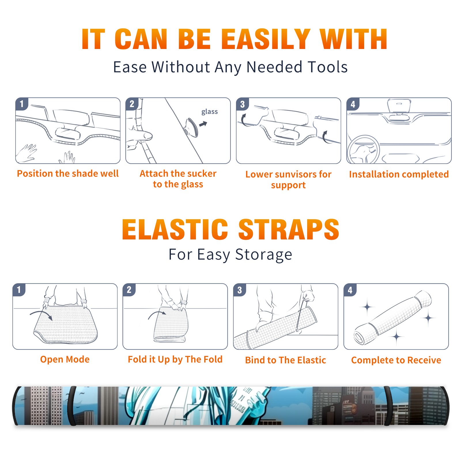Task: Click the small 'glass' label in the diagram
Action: (209, 112)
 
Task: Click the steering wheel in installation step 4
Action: (363, 150)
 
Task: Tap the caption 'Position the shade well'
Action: (68, 173)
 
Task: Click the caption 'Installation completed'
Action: (399, 174)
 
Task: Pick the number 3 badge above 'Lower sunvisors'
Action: (242, 104)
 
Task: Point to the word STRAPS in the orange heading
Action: (289, 229)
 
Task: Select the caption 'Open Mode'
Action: (65, 359)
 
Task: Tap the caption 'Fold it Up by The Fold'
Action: (175, 360)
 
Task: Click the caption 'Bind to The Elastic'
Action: (286, 360)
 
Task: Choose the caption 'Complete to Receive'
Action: (396, 360)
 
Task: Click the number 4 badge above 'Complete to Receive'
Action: (350, 290)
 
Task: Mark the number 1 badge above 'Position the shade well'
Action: (22, 104)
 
